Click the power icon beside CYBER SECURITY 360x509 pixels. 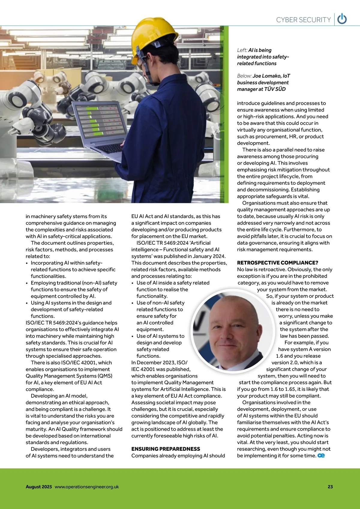coord(342,19)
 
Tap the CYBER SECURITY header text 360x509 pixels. coord(303,20)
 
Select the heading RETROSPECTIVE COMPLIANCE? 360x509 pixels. coord(277,263)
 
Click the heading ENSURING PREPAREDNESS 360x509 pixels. coord(166,449)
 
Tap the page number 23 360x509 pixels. coord(330,487)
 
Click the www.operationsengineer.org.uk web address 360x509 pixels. coord(87,487)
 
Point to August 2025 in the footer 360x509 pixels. coord(39,487)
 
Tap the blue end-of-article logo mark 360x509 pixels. coord(321,456)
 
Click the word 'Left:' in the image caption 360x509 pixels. coord(242,50)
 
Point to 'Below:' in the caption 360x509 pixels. coord(244,76)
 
